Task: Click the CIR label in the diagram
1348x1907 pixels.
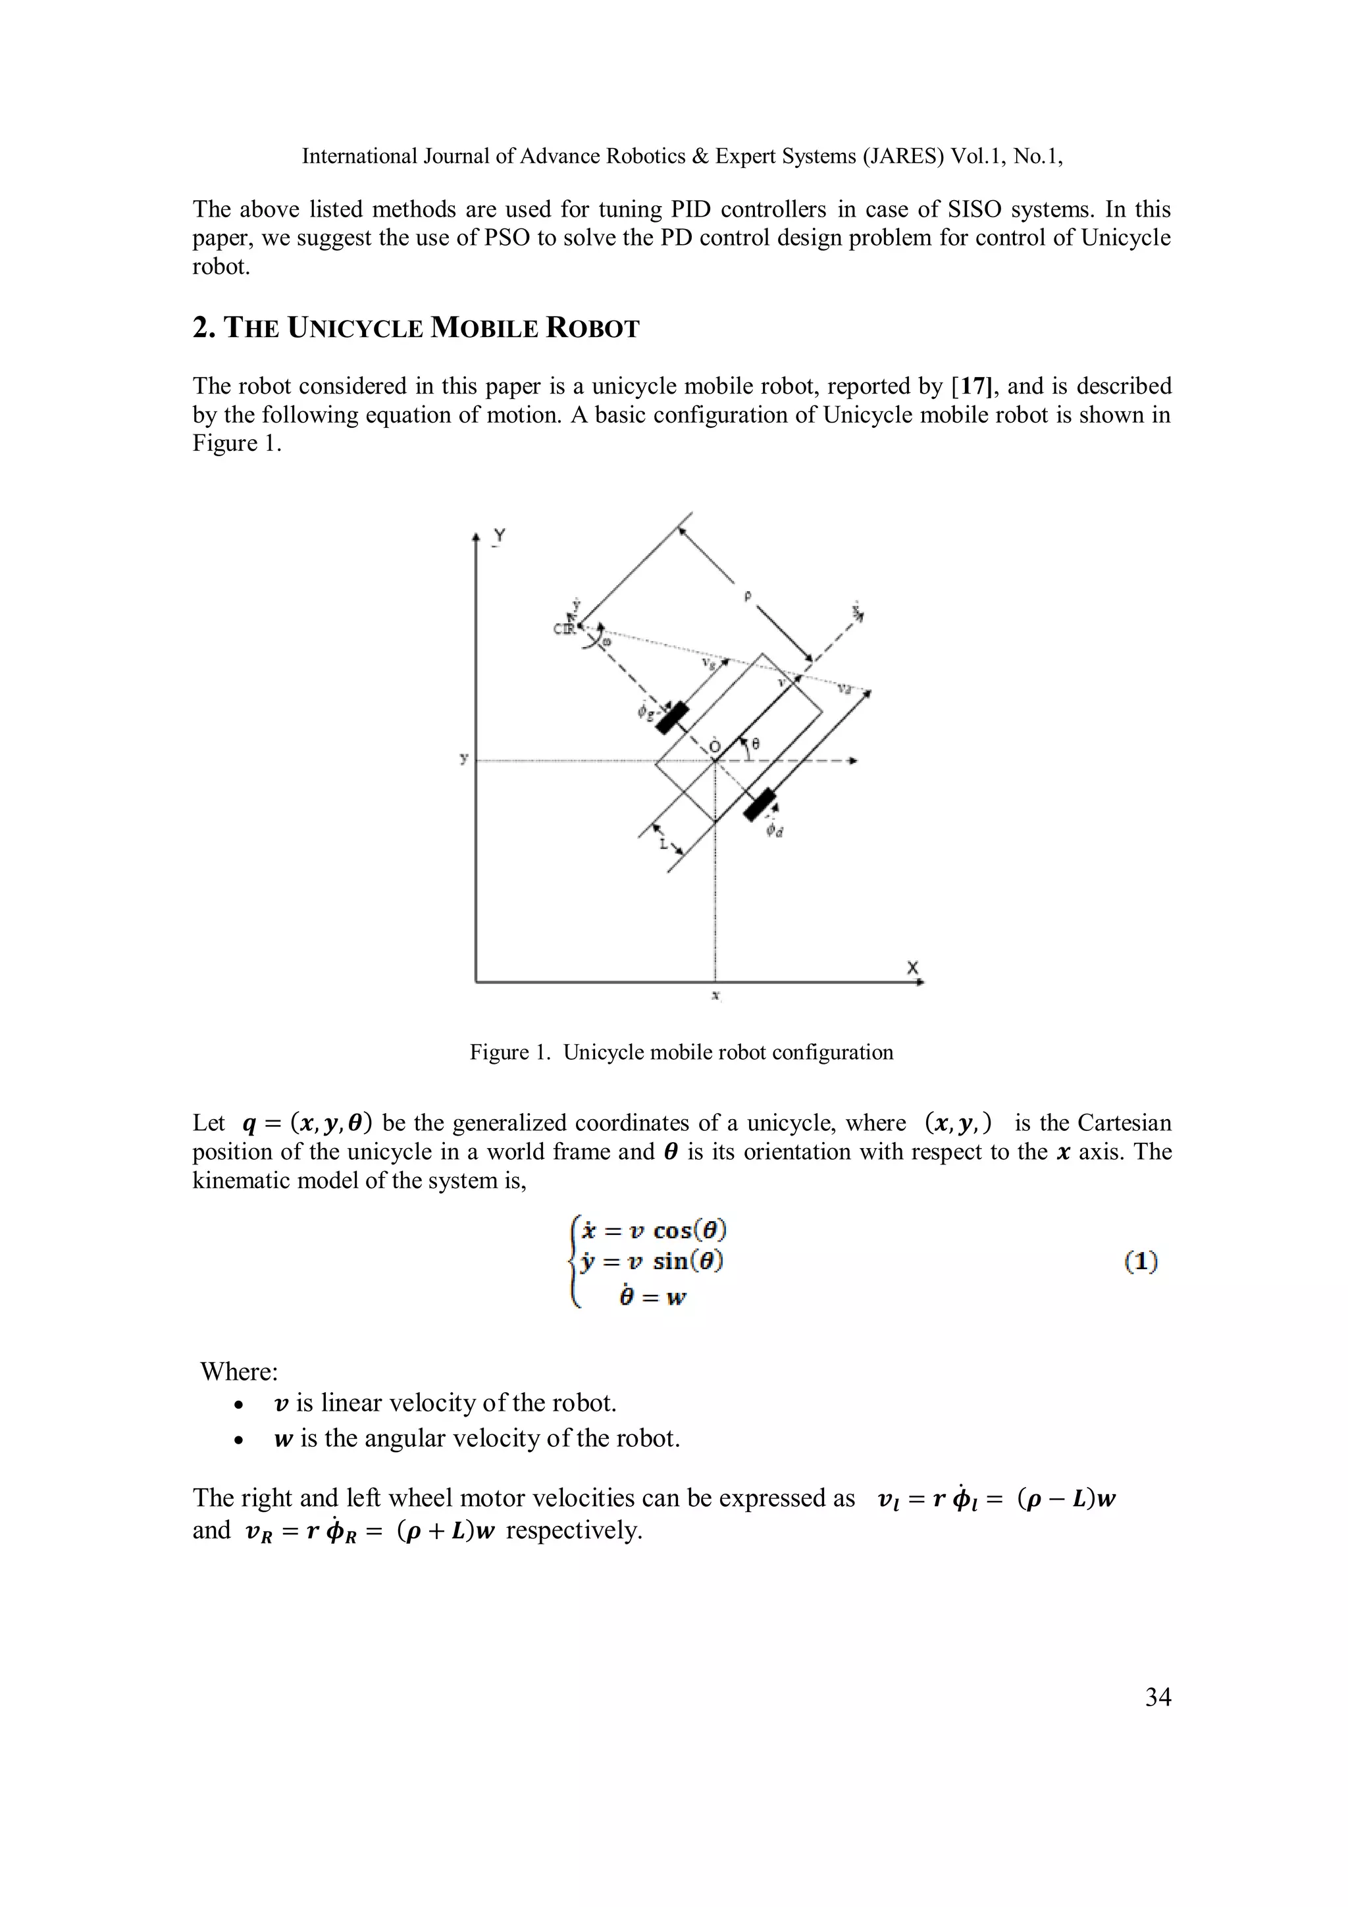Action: [564, 629]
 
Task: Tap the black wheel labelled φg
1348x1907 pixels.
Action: [673, 718]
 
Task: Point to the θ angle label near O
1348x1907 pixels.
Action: [755, 745]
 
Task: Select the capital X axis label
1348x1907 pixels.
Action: [913, 968]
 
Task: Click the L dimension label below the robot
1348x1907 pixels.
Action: [663, 844]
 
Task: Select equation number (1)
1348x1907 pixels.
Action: [1141, 1263]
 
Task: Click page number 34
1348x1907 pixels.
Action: [1158, 1697]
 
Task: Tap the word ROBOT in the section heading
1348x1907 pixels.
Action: [592, 329]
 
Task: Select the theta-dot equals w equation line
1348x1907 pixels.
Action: [652, 1297]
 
